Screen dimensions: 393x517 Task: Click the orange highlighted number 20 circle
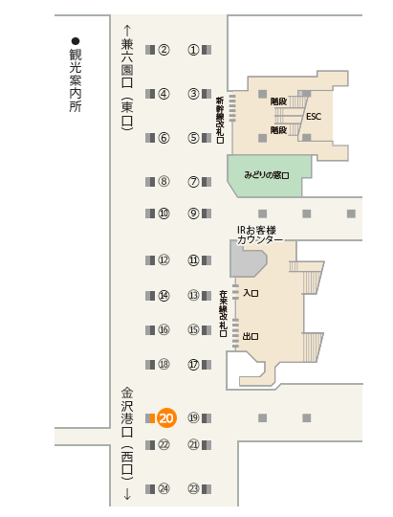pyautogui.click(x=166, y=418)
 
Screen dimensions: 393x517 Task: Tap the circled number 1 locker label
pyautogui.click(x=194, y=50)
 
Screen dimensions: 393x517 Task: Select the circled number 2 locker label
pyautogui.click(x=164, y=50)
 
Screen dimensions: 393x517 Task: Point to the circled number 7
pyautogui.click(x=194, y=182)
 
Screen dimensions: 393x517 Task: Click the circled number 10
pyautogui.click(x=164, y=214)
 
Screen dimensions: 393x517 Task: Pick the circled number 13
pyautogui.click(x=194, y=295)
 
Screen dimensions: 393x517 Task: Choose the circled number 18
pyautogui.click(x=164, y=365)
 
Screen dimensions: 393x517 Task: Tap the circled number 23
pyautogui.click(x=194, y=488)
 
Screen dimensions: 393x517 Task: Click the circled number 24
pyautogui.click(x=164, y=488)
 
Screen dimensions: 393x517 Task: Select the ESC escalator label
pyautogui.click(x=314, y=117)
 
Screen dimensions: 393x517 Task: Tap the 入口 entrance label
pyautogui.click(x=251, y=293)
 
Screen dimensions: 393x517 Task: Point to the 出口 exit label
pyautogui.click(x=251, y=336)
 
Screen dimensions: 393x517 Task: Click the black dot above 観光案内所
pyautogui.click(x=76, y=41)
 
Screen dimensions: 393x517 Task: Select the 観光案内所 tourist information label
pyautogui.click(x=76, y=80)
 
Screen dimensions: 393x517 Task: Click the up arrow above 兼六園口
pyautogui.click(x=127, y=31)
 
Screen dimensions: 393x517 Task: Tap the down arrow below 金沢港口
pyautogui.click(x=127, y=494)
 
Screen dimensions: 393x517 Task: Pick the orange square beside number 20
pyautogui.click(x=153, y=418)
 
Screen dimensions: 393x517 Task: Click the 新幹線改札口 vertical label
pyautogui.click(x=220, y=120)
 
